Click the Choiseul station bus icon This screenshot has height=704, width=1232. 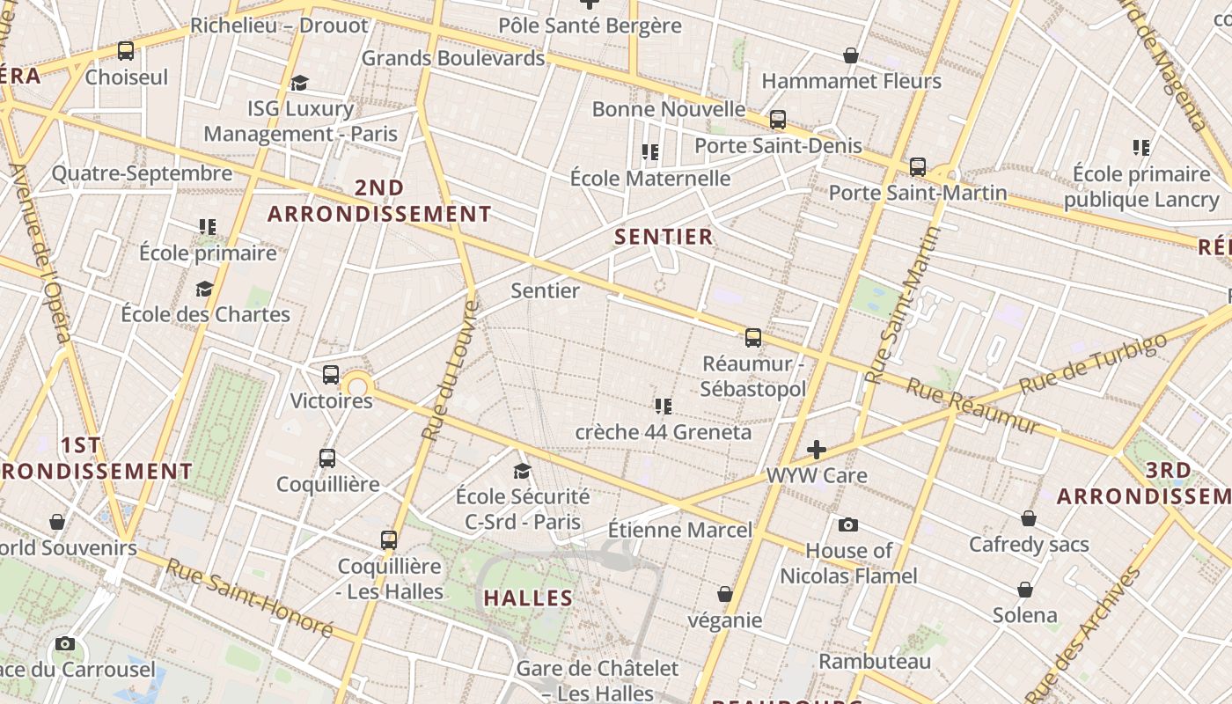coord(126,51)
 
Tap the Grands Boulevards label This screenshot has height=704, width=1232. coord(453,58)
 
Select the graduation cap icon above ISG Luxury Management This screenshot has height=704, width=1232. coord(300,83)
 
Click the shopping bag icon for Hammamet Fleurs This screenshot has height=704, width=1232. coord(851,55)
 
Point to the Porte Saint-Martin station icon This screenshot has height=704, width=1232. coord(918,166)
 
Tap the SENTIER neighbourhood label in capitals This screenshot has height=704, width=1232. coord(664,237)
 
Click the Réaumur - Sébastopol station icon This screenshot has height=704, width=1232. coord(753,337)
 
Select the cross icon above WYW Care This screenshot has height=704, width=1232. coord(817,450)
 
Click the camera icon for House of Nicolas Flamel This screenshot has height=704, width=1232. coord(848,524)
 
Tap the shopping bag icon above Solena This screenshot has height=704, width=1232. coord(1025,589)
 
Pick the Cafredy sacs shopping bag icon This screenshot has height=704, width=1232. coord(1029,518)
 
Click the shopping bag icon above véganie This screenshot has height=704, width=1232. coord(725,594)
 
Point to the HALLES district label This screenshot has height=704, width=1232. coord(528,598)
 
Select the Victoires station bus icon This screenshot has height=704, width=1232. coord(331,375)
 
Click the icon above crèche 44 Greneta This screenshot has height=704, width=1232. coord(664,406)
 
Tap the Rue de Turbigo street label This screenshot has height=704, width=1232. coord(1093,363)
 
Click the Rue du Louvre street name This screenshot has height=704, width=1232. coord(449,370)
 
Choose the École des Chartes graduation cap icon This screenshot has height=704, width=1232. coord(205,289)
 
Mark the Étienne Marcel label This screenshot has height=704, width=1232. coord(680,530)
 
